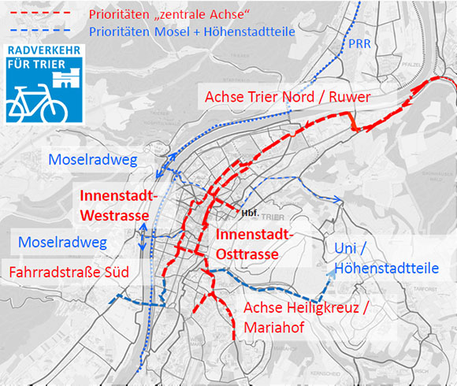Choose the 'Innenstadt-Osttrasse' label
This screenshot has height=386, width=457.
point(252,244)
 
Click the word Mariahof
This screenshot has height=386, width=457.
point(272,327)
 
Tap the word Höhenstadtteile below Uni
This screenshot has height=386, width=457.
point(386,269)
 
